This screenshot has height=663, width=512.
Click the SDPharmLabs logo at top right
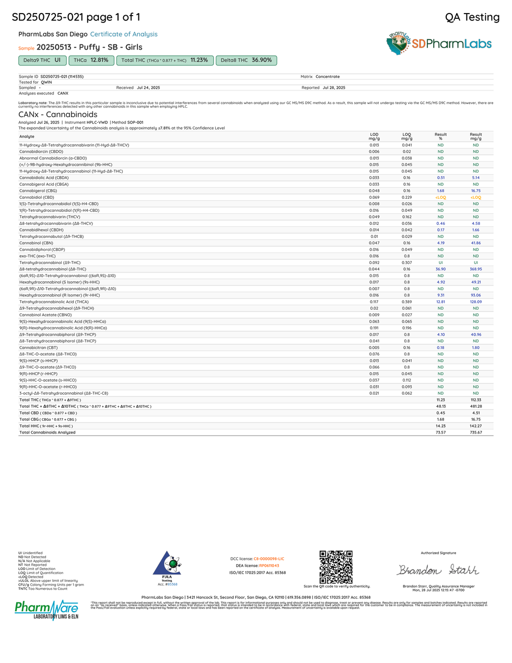[x=439, y=44]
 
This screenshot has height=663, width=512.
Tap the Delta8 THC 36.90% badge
[x=246, y=60]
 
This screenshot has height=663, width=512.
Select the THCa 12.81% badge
[x=91, y=60]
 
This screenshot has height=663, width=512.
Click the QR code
[x=336, y=567]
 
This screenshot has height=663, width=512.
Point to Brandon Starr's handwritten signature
[x=438, y=569]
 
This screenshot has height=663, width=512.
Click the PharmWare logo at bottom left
[x=46, y=610]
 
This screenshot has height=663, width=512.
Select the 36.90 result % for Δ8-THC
[x=440, y=269]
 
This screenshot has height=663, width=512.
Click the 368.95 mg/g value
[x=475, y=269]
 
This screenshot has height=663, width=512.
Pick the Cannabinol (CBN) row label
[x=36, y=243]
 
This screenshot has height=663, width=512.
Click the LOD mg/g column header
[x=374, y=136]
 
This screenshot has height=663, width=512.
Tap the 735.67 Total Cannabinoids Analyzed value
[x=475, y=432]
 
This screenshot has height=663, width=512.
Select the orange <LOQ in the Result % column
[x=440, y=198]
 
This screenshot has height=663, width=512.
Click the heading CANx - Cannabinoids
[x=57, y=115]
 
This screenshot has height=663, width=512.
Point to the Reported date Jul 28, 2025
[x=334, y=88]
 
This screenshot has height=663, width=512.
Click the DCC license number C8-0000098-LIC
[x=269, y=559]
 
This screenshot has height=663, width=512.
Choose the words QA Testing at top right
[x=472, y=17]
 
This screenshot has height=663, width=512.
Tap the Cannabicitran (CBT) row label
[x=38, y=348]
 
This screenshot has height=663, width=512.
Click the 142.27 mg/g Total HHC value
[x=475, y=426]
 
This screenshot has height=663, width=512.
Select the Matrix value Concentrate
[x=328, y=77]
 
